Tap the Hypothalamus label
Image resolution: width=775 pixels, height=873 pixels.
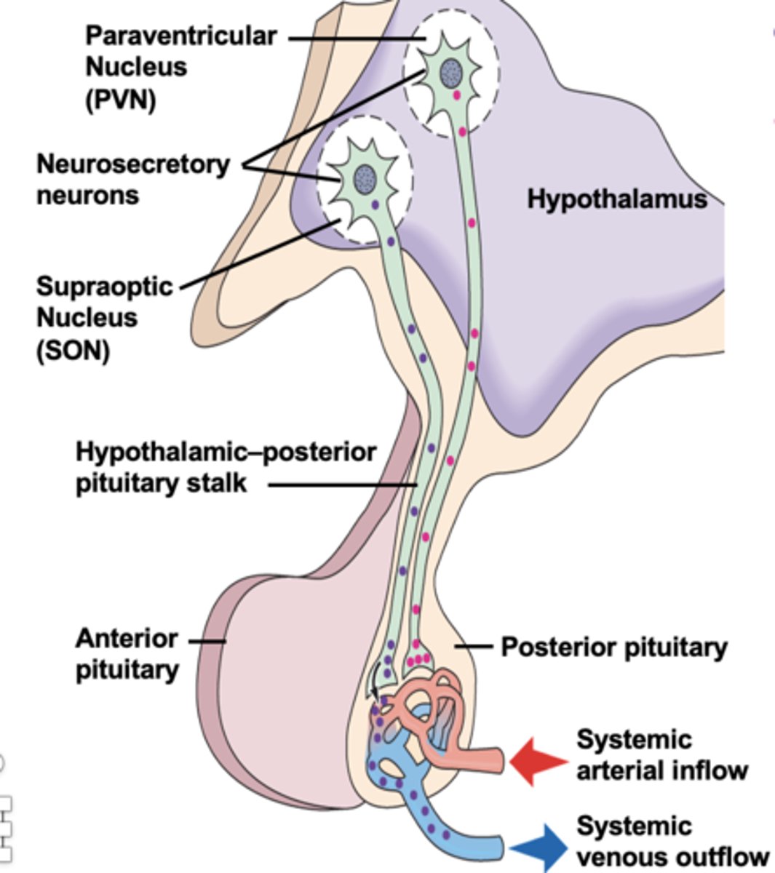point(616,199)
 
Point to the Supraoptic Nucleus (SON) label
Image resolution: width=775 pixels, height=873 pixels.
point(104,318)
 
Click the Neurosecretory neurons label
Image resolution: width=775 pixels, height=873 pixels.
point(132,180)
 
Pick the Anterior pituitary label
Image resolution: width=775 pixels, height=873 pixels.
point(127,654)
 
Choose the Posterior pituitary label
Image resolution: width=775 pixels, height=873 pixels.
point(614,647)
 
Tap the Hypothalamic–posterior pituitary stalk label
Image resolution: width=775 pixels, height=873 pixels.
point(226,467)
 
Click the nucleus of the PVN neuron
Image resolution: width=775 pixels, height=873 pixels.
point(452,73)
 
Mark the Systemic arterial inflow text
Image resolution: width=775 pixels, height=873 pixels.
point(661,755)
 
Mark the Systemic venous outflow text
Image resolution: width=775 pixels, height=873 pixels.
point(671,842)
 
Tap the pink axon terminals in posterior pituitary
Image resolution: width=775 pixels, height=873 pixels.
point(418,659)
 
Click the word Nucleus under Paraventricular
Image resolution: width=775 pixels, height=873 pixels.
point(135,67)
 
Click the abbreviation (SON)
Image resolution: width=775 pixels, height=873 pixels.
point(73,351)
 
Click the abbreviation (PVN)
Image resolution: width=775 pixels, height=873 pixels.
point(120,99)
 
